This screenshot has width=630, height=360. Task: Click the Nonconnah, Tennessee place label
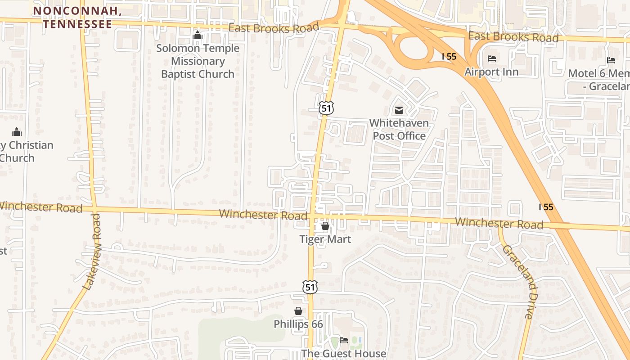pyautogui.click(x=77, y=18)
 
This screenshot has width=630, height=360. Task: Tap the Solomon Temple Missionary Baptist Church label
pyautogui.click(x=198, y=61)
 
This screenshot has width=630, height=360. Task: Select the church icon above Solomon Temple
pyautogui.click(x=198, y=35)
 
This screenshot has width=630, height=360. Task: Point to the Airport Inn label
pyautogui.click(x=491, y=72)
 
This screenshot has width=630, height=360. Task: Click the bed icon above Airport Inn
pyautogui.click(x=492, y=58)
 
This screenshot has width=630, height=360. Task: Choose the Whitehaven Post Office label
pyautogui.click(x=399, y=129)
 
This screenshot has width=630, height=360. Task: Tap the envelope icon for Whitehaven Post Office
pyautogui.click(x=399, y=110)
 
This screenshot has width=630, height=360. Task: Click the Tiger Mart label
pyautogui.click(x=325, y=239)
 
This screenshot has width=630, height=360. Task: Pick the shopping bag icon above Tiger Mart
pyautogui.click(x=325, y=226)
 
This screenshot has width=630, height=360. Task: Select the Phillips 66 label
pyautogui.click(x=298, y=324)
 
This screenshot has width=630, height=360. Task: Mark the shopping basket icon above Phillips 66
pyautogui.click(x=298, y=311)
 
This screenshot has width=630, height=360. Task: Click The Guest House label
pyautogui.click(x=343, y=354)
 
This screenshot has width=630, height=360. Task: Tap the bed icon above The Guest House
pyautogui.click(x=344, y=340)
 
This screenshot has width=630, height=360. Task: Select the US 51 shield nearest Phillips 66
pyautogui.click(x=310, y=287)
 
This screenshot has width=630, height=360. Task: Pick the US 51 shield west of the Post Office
pyautogui.click(x=327, y=108)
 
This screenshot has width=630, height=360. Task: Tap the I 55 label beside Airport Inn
pyautogui.click(x=449, y=57)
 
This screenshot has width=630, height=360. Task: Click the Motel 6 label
pyautogui.click(x=598, y=79)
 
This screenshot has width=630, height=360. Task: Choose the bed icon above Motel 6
pyautogui.click(x=611, y=60)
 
